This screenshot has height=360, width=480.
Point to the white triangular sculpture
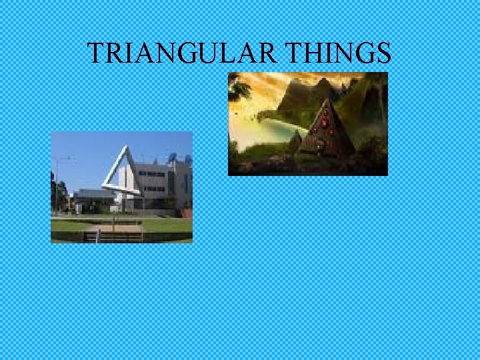[x=115, y=175]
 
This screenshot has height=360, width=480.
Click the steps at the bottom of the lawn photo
[x=113, y=235]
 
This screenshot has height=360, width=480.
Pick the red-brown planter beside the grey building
[x=187, y=213]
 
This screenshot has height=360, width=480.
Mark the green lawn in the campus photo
[x=160, y=225]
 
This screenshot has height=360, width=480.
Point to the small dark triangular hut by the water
[x=295, y=141]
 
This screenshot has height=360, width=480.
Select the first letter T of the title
[x=95, y=53]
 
